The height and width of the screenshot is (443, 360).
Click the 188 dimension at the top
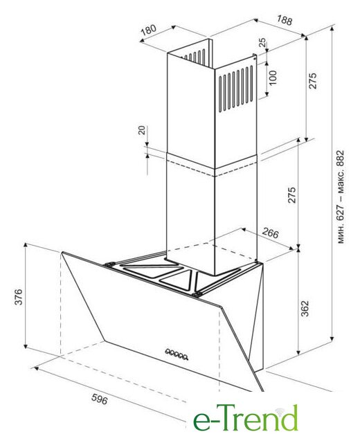click(284, 20)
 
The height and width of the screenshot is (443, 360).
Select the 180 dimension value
click(149, 30)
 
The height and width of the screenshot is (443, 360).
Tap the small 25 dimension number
click(262, 42)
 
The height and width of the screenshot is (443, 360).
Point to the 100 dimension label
click(272, 78)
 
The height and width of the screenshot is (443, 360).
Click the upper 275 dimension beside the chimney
click(313, 81)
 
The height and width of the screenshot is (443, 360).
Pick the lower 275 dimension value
click(291, 195)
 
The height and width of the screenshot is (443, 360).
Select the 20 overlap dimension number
click(142, 130)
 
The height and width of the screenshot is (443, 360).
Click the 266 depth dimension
click(271, 233)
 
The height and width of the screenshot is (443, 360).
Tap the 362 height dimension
click(305, 309)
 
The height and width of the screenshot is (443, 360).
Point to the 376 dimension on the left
click(19, 297)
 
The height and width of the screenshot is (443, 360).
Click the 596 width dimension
click(100, 399)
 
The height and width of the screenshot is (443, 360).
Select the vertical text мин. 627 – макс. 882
click(341, 197)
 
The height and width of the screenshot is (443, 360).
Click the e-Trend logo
click(246, 417)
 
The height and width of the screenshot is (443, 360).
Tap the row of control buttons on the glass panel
click(177, 354)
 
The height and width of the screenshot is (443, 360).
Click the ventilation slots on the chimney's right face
click(236, 88)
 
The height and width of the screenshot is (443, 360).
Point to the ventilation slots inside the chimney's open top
click(195, 56)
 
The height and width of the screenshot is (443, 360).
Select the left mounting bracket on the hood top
click(109, 264)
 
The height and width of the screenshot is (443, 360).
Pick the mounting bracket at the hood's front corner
click(197, 295)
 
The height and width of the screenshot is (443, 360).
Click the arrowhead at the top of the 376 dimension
click(26, 244)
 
